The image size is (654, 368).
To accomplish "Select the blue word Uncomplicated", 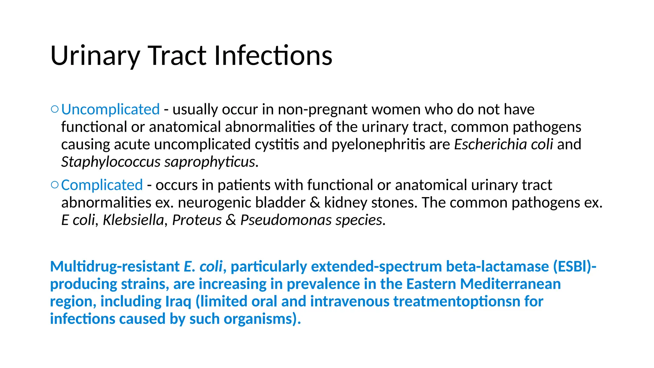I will click(110, 110).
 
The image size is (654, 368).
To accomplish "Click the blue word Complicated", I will click(102, 185).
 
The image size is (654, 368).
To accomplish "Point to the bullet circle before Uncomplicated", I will click(55, 110).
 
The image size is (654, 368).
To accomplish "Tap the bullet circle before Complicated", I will click(55, 185).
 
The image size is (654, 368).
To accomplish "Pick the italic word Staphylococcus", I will click(111, 162).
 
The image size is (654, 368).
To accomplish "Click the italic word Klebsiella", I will click(133, 220).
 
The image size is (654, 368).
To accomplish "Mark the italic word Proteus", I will click(197, 220).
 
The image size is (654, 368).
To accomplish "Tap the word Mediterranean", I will click(510, 284).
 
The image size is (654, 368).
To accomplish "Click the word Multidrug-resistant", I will click(115, 266).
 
